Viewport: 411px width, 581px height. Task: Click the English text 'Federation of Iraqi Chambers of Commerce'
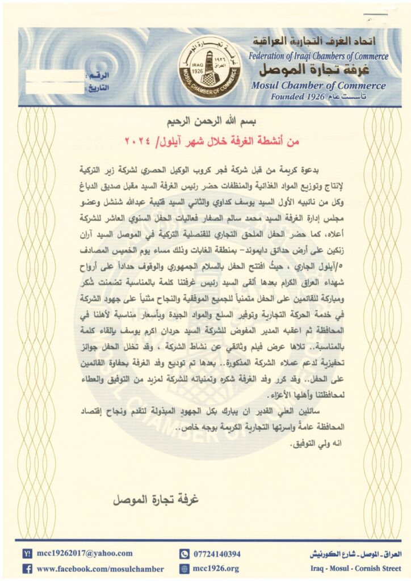click(x=317, y=56)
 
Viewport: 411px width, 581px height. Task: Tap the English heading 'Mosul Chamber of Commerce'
click(x=317, y=86)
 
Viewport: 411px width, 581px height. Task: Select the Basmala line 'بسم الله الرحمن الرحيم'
click(x=205, y=121)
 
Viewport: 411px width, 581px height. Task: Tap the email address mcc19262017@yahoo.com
click(x=85, y=553)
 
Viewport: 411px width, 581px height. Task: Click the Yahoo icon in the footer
click(x=27, y=553)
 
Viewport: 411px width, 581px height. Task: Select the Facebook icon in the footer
click(x=27, y=568)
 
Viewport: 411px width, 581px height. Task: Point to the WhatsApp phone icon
click(x=183, y=554)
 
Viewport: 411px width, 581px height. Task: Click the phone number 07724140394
click(x=217, y=554)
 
